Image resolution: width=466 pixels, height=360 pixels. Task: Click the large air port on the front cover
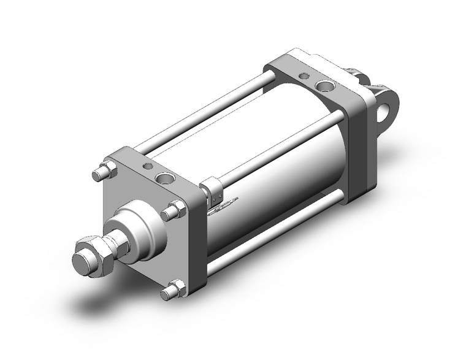pos(165,178)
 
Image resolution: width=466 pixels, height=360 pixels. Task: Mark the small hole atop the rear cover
pos(303,76)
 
